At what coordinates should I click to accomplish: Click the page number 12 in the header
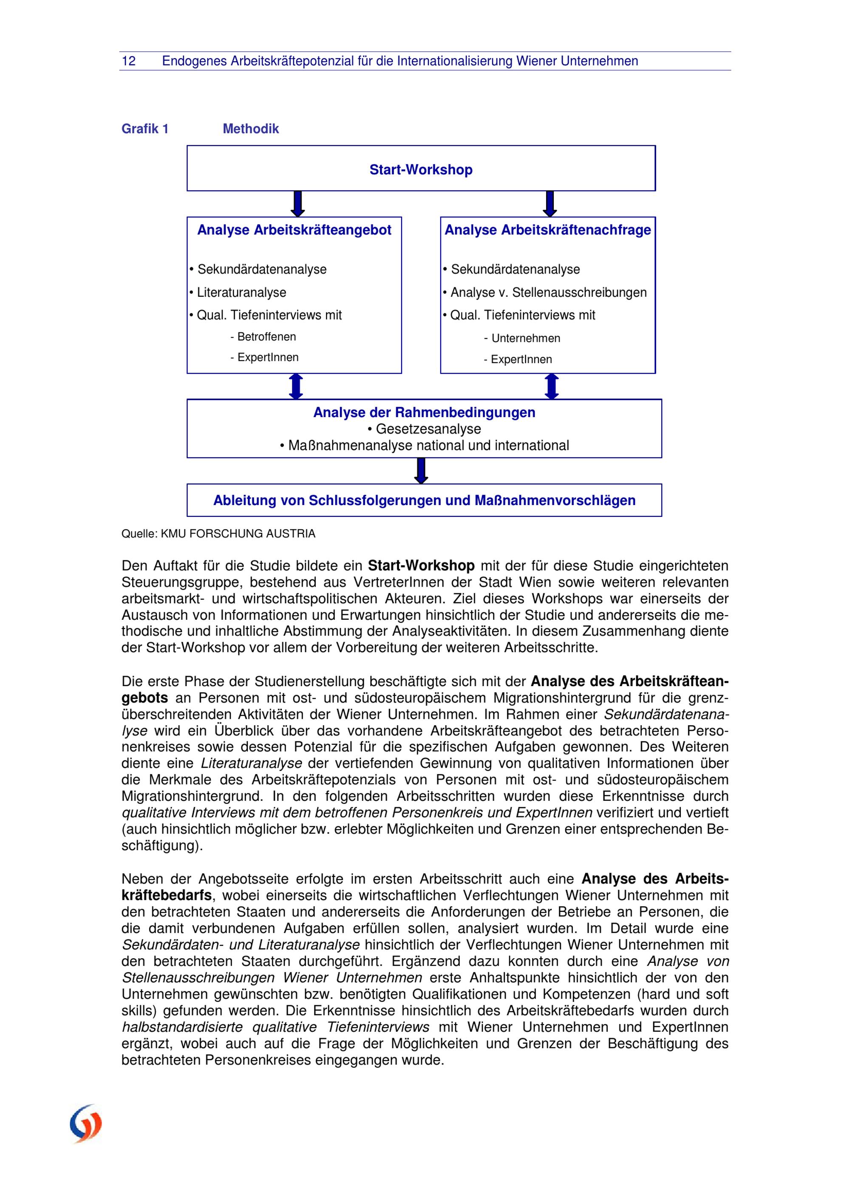tap(128, 61)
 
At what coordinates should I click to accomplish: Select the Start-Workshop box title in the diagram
tap(421, 170)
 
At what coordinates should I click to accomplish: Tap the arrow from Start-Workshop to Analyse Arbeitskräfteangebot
tap(297, 204)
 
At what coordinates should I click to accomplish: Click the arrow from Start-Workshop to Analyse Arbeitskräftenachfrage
tap(550, 204)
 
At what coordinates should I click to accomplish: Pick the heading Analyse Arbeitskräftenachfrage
tap(547, 230)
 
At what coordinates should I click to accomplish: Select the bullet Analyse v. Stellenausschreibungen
tap(548, 292)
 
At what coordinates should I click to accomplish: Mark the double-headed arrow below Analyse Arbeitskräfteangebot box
tap(296, 387)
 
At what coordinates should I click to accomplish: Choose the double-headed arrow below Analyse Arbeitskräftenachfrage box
tap(552, 387)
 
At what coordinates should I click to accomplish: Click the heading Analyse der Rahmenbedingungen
tap(424, 412)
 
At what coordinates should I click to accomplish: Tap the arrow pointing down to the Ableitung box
tap(421, 471)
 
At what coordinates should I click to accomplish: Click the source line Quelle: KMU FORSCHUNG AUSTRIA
tap(218, 534)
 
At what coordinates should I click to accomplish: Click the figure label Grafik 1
tap(145, 129)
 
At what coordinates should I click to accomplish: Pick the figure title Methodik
tap(250, 129)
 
